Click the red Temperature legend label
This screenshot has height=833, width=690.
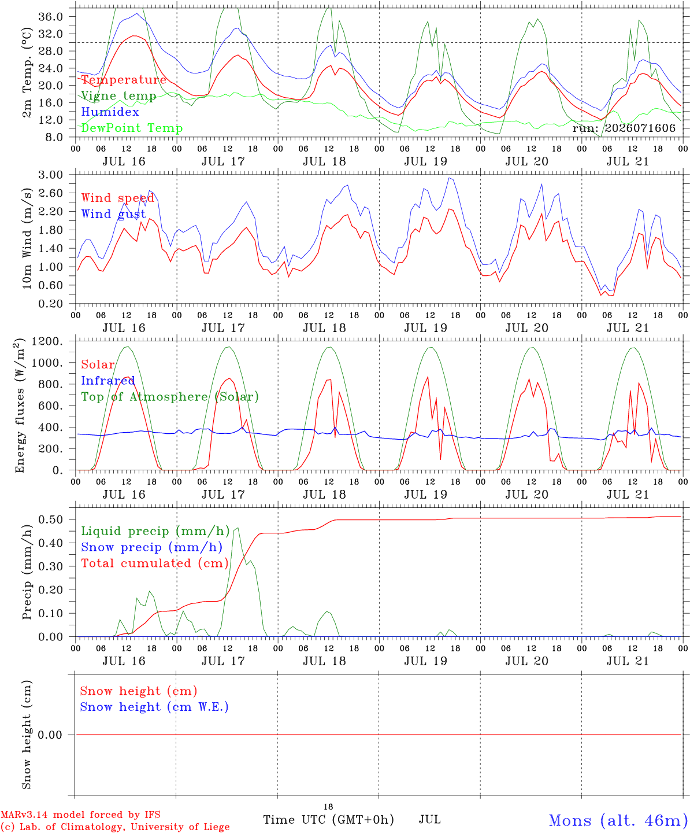click(x=124, y=80)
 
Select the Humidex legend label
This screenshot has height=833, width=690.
click(x=110, y=112)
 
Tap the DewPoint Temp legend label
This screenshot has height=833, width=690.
click(x=132, y=128)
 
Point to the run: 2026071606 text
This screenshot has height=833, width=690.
click(x=624, y=128)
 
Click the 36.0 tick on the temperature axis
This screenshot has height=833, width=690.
click(x=51, y=17)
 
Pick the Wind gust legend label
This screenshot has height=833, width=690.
click(x=114, y=214)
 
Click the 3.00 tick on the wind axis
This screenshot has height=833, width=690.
click(x=51, y=175)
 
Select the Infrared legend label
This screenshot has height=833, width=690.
click(x=108, y=381)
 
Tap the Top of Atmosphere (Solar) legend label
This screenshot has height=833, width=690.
click(x=170, y=397)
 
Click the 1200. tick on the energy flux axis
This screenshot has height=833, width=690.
click(x=47, y=341)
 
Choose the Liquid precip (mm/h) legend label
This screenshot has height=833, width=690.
click(x=155, y=532)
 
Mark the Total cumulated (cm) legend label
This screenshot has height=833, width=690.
click(x=155, y=563)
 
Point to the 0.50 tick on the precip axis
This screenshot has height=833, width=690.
click(x=51, y=519)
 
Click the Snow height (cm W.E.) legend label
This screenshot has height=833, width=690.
click(x=154, y=707)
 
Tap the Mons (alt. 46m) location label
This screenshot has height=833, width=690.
click(x=615, y=820)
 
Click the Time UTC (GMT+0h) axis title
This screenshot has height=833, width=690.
click(x=328, y=820)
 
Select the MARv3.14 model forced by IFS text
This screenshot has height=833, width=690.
click(x=80, y=814)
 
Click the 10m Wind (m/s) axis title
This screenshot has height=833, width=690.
click(x=27, y=238)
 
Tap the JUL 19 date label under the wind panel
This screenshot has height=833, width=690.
click(x=425, y=328)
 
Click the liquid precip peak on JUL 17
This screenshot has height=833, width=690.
click(x=238, y=528)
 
